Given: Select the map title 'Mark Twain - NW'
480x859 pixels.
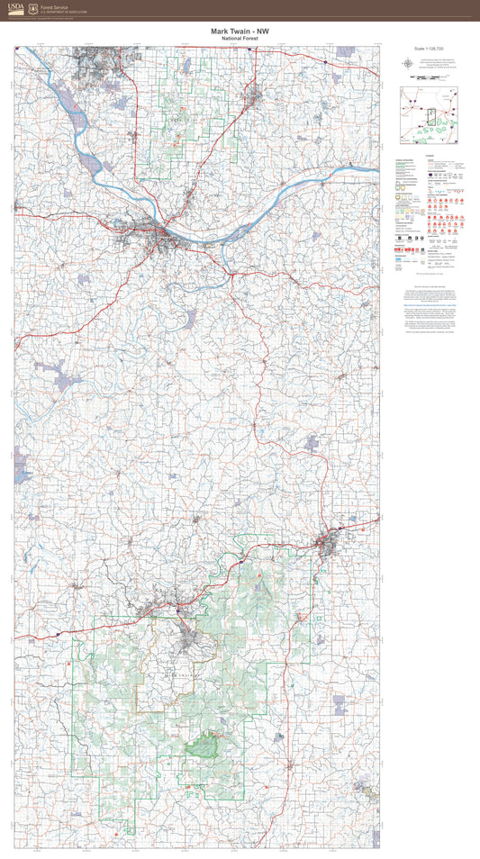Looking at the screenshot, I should coord(240,32).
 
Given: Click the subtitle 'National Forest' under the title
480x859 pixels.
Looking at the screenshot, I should coord(240,40).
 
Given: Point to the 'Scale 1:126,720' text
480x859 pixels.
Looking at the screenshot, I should coord(430,49).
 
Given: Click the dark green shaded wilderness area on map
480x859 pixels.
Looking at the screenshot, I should coord(205,744).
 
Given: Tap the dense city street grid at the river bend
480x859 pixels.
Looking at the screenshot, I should coord(160,236).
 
